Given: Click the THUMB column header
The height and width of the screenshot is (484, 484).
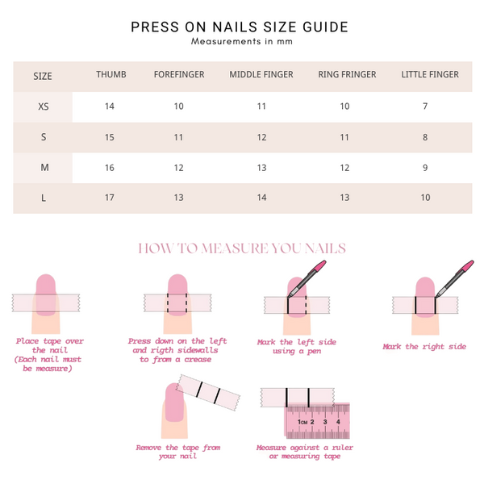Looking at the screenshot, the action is coord(111,74).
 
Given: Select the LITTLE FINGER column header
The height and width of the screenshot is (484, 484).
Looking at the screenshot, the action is coord(430,74).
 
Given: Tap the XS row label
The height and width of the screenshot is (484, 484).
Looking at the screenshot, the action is coord(44,106).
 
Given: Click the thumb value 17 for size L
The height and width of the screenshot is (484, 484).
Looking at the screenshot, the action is coord(110,198).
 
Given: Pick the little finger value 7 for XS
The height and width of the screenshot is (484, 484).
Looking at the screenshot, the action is coord(425,106).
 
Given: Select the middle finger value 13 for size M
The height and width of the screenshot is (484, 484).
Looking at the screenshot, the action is coord(261,168).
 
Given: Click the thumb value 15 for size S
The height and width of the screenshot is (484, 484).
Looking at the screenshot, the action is coord(110,137).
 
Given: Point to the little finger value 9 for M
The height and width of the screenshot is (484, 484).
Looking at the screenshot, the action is coord(425,168).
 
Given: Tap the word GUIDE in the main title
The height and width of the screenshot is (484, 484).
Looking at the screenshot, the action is coord(326,27).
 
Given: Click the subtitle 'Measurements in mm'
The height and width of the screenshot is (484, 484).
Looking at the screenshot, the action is coord(242,41).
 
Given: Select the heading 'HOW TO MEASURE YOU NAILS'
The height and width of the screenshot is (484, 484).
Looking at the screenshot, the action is coord(242,248).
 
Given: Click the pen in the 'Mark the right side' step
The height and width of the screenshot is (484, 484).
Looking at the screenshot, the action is coord(454,279).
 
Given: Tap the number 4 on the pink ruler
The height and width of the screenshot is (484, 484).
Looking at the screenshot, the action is coord(338,422).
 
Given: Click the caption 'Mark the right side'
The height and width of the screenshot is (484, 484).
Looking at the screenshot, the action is coord(424,347).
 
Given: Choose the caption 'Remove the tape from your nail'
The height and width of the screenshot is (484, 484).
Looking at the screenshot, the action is coord(178,452).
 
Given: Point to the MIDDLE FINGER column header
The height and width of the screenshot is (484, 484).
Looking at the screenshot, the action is coord(261,74).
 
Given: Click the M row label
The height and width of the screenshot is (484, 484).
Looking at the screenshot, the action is coord(44,168).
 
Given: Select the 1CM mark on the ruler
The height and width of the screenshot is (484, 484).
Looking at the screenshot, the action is coord(302,422).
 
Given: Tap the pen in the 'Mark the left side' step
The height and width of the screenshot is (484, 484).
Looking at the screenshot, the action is coord(307,279).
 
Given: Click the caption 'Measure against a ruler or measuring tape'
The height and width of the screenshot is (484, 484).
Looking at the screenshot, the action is coord(305,452).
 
